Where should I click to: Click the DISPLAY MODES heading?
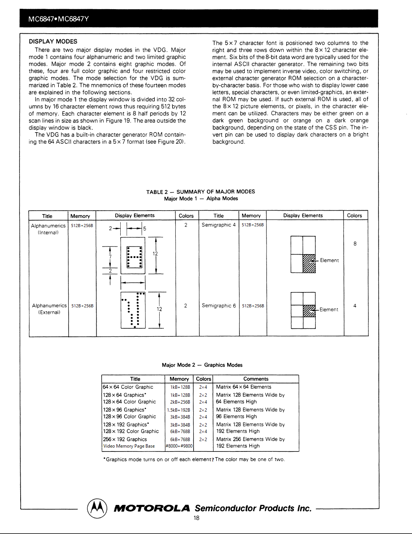tap(53, 41)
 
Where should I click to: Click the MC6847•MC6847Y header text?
tap(58, 19)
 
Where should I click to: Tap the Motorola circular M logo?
tap(97, 508)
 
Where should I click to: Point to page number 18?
tap(196, 518)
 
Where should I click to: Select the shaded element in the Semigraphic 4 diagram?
tap(309, 263)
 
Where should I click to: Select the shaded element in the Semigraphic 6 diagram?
tap(309, 311)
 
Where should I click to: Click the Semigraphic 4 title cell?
tap(218, 225)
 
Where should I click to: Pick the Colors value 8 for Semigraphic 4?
tap(355, 243)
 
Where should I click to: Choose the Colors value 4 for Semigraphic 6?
tap(355, 306)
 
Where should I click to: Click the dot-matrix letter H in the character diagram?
tap(134, 257)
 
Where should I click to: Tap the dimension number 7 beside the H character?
tap(110, 257)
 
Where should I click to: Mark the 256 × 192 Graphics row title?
tap(125, 439)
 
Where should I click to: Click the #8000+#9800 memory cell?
tap(179, 446)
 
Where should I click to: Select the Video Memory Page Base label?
tap(129, 446)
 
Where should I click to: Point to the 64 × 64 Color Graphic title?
tap(128, 387)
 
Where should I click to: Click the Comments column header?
tap(256, 379)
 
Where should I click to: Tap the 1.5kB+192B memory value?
tap(179, 410)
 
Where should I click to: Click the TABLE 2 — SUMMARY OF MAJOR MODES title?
tap(200, 192)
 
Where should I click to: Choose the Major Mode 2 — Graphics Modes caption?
tap(202, 365)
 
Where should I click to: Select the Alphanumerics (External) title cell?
tap(49, 309)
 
